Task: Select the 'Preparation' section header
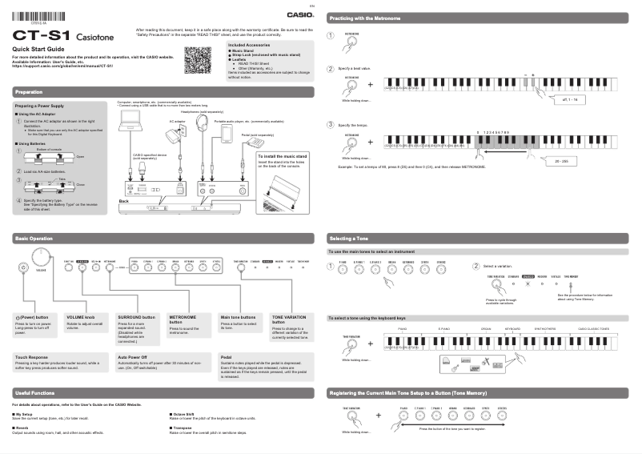pyautogui.click(x=29, y=93)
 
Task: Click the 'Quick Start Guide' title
pyautogui.click(x=38, y=50)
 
